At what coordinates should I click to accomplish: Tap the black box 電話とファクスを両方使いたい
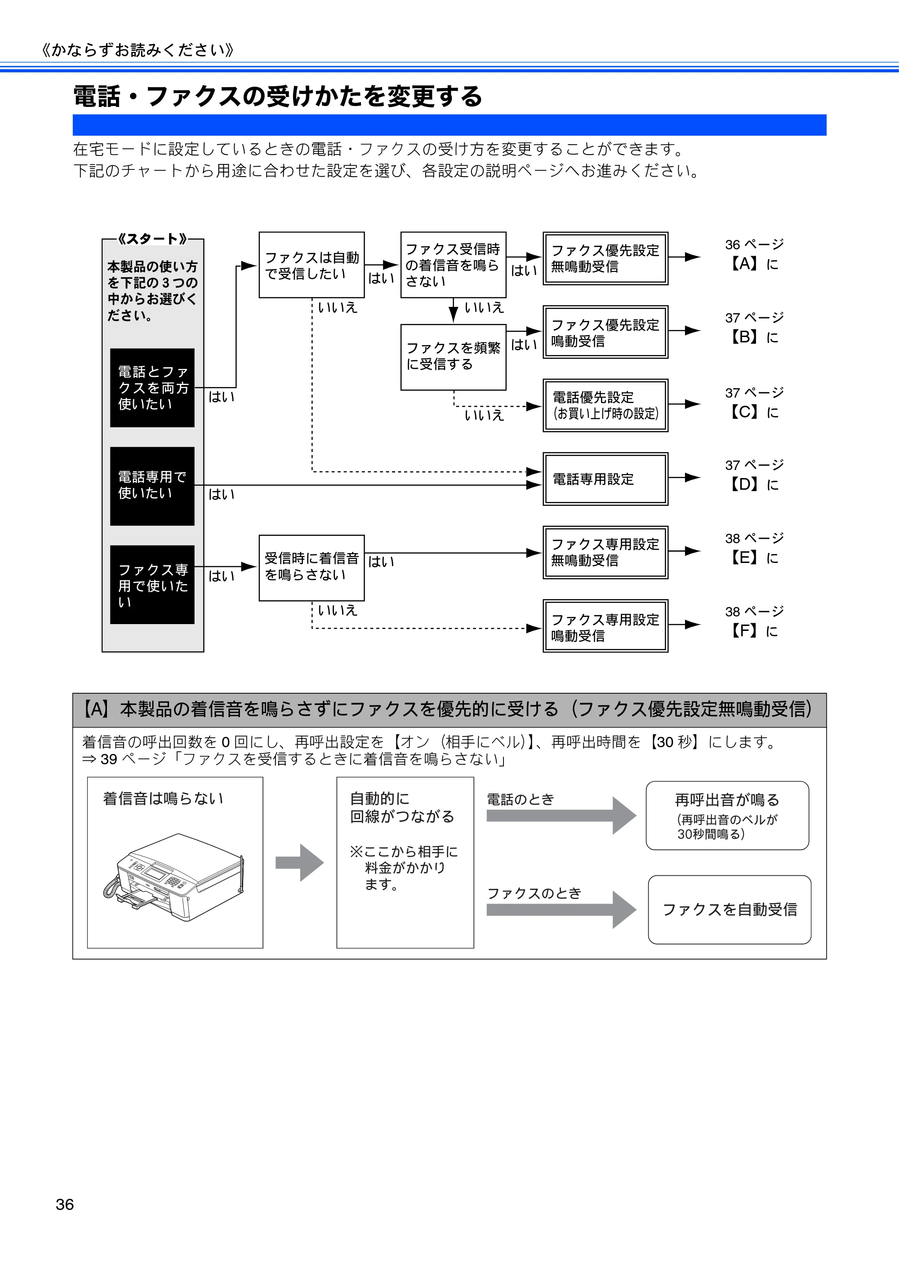pyautogui.click(x=152, y=388)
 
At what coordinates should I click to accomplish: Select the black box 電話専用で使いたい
pyautogui.click(x=152, y=486)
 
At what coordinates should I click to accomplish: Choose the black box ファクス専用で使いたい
pyautogui.click(x=152, y=585)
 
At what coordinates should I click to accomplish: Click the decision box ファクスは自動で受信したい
pyautogui.click(x=312, y=265)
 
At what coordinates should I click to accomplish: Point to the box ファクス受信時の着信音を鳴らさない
pyautogui.click(x=454, y=265)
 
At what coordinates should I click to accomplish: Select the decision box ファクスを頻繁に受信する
pyautogui.click(x=454, y=357)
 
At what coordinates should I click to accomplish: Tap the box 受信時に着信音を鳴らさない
pyautogui.click(x=312, y=568)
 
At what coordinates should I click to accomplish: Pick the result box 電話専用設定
pyautogui.click(x=605, y=479)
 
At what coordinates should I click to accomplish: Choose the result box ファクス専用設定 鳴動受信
pyautogui.click(x=605, y=626)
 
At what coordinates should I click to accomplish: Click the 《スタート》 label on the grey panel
pyautogui.click(x=152, y=239)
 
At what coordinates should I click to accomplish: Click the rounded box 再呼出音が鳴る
pyautogui.click(x=727, y=815)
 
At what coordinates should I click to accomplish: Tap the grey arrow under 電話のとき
pyautogui.click(x=561, y=815)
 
